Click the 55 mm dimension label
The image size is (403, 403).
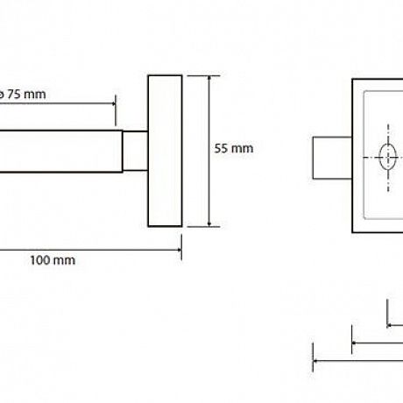234,148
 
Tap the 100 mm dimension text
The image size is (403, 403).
53,260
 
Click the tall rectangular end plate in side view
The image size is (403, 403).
165,151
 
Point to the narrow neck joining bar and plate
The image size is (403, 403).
135,151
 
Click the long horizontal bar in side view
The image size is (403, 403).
60,152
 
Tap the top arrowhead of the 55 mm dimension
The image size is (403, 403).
209,78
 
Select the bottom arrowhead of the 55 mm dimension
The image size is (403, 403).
209,223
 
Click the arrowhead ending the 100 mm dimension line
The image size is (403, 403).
179,250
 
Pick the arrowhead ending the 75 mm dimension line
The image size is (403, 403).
113,103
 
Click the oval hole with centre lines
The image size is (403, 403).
388,157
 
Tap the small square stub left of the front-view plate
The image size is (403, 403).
332,158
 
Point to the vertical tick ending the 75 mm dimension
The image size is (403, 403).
116,110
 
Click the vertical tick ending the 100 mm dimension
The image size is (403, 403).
181,247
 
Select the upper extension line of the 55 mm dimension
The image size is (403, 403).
203,75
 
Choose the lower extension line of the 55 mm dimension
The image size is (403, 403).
203,226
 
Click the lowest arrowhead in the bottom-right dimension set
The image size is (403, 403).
315,361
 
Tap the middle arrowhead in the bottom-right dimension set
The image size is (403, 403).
355,343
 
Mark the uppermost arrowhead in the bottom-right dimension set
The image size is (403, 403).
390,325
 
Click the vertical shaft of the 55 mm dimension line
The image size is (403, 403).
209,151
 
